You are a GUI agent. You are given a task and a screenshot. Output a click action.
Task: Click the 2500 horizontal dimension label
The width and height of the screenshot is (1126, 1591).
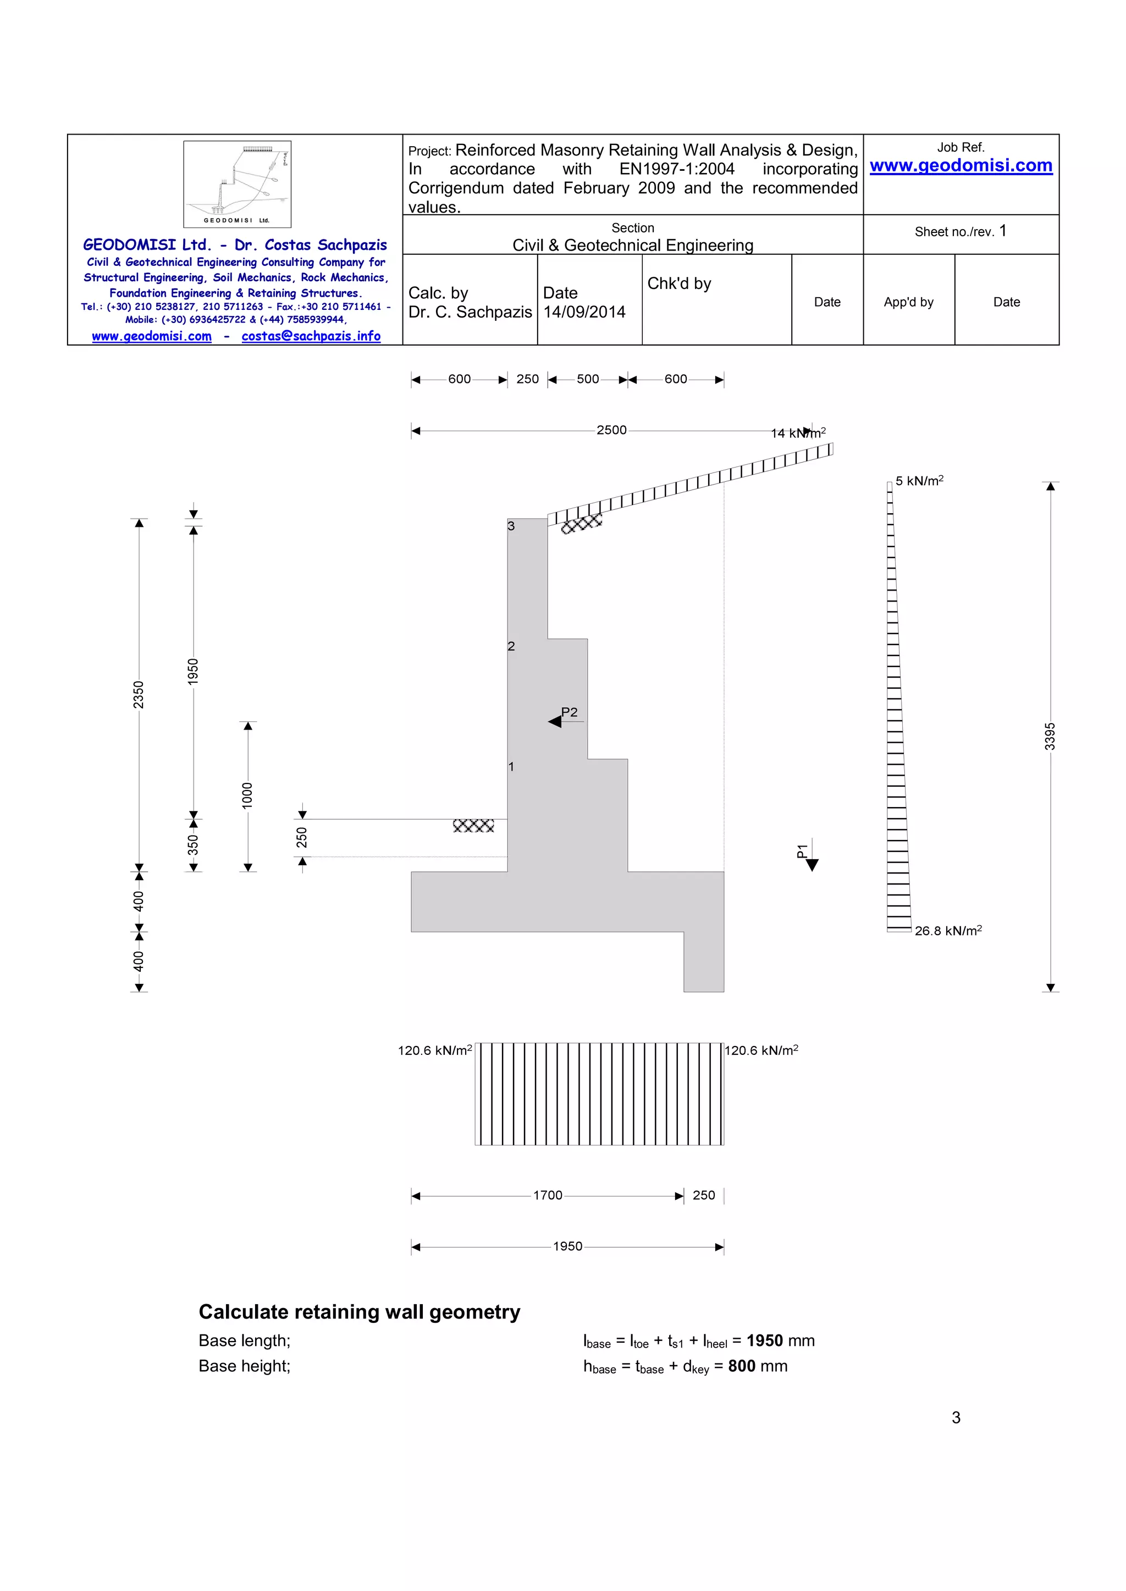point(611,430)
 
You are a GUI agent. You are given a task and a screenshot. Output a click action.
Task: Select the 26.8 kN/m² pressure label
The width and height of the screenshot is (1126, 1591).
point(948,931)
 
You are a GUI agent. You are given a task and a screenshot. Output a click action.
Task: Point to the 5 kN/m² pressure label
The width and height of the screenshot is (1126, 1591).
point(919,481)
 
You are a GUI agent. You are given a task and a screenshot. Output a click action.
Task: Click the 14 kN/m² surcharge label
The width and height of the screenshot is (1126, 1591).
point(798,433)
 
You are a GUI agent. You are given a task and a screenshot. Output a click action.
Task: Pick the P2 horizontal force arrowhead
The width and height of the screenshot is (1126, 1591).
point(555,721)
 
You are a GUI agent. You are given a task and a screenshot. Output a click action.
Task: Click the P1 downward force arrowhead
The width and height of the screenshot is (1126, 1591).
point(812,864)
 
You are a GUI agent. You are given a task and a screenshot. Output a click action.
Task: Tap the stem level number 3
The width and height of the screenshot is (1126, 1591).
point(511,526)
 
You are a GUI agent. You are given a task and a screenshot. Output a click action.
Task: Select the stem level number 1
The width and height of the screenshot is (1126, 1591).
point(511,766)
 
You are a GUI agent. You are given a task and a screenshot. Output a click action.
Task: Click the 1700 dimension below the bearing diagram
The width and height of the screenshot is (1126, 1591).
point(547,1195)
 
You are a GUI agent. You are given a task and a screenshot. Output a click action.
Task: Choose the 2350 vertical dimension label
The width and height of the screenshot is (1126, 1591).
point(139,694)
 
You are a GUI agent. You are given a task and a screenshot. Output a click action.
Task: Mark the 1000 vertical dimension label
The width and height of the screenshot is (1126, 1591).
point(247,795)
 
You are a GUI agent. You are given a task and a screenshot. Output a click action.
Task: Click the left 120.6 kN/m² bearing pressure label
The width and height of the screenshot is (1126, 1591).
point(435,1050)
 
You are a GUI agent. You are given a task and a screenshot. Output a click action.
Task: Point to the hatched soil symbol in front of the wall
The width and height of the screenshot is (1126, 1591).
point(473,825)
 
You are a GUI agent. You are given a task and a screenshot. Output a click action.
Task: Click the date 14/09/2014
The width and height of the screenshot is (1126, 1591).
point(584,313)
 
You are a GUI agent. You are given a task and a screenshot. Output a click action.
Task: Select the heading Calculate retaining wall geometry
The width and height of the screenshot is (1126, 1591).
point(359,1312)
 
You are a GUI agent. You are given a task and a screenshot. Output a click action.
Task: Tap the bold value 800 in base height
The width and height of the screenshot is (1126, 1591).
point(741,1366)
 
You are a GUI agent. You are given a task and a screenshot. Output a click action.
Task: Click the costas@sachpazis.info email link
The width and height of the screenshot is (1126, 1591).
point(311,336)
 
